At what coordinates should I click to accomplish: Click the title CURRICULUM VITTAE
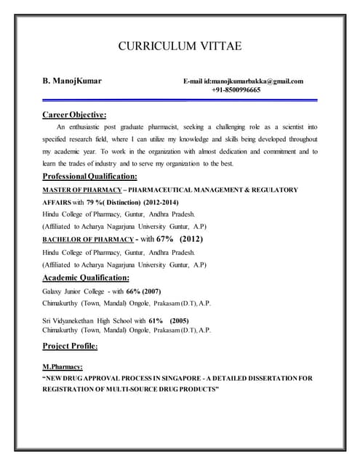pyautogui.click(x=180, y=47)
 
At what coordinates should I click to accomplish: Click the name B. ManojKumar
pyautogui.click(x=72, y=81)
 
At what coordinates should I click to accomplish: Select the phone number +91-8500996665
pyautogui.click(x=239, y=90)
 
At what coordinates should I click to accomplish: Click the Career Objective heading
pyautogui.click(x=74, y=114)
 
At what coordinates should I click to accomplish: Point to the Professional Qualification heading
pyautogui.click(x=89, y=177)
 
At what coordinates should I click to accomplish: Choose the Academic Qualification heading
pyautogui.click(x=86, y=278)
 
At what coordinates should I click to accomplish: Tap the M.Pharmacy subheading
pyautogui.click(x=63, y=367)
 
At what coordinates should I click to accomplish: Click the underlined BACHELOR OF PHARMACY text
pyautogui.click(x=87, y=239)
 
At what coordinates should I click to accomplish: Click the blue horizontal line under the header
pyautogui.click(x=180, y=100)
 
